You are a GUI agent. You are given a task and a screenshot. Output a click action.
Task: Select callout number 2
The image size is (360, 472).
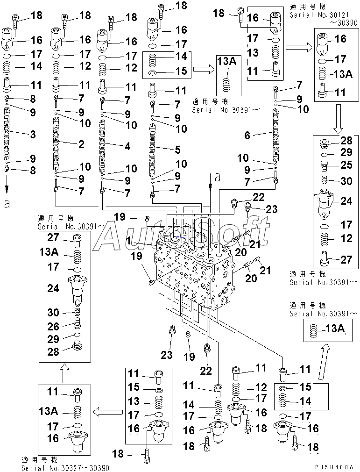click(x=81, y=144)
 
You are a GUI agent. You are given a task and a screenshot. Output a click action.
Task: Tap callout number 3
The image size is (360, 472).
click(x=33, y=135)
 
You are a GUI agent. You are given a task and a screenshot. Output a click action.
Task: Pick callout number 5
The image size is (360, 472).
click(x=177, y=150)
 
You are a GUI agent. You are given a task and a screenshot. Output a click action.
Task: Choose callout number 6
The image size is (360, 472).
click(x=247, y=136)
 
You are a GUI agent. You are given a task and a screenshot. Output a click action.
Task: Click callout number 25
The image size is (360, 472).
click(x=346, y=164)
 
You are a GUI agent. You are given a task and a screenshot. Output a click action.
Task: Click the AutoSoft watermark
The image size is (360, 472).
click(x=182, y=236)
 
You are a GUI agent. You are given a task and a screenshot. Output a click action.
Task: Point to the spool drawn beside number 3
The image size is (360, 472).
click(x=7, y=133)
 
